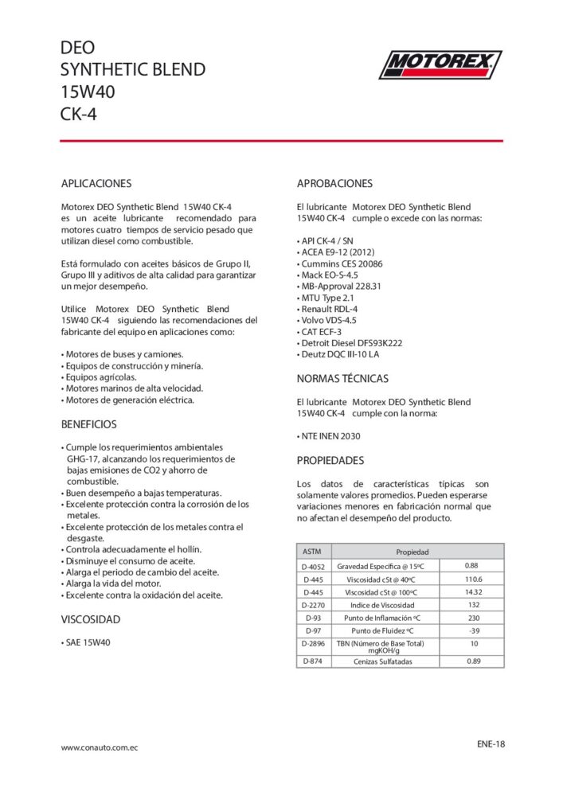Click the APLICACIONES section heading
pyautogui.click(x=96, y=183)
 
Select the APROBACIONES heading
pyautogui.click(x=334, y=183)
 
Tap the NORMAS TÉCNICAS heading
pyautogui.click(x=342, y=378)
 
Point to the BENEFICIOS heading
pyautogui.click(x=89, y=424)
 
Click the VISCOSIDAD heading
pyautogui.click(x=91, y=618)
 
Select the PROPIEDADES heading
pyautogui.click(x=330, y=460)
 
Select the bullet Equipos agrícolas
pyautogui.click(x=99, y=377)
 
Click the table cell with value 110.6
pyautogui.click(x=473, y=579)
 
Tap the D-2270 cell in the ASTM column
pyautogui.click(x=313, y=605)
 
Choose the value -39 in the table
pyautogui.click(x=473, y=630)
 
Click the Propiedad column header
pyautogui.click(x=412, y=552)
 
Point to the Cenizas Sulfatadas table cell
pyautogui.click(x=383, y=661)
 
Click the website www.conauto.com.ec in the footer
pyautogui.click(x=100, y=747)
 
